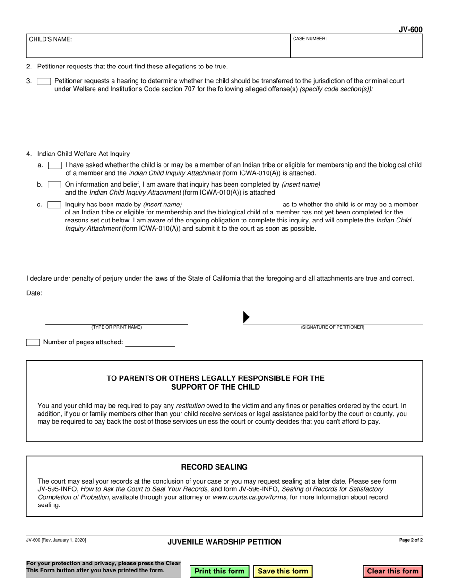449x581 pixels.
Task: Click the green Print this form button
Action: (x=219, y=571)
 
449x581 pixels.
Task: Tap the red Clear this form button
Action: (x=393, y=571)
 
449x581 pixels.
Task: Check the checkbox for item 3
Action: (x=44, y=81)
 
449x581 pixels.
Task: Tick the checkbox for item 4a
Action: (x=55, y=165)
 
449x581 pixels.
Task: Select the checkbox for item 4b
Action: (x=55, y=185)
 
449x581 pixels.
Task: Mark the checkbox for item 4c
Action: (x=55, y=205)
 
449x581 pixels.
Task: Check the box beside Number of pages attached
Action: (x=33, y=342)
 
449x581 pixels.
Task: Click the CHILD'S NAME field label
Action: (x=51, y=40)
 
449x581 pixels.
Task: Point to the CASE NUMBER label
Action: (x=310, y=39)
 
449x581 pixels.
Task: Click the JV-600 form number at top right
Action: (x=410, y=30)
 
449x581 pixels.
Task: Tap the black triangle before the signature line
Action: (x=246, y=317)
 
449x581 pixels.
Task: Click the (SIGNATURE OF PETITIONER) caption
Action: (x=333, y=327)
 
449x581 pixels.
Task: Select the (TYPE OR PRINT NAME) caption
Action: (x=117, y=327)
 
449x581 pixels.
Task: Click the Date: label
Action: (x=35, y=293)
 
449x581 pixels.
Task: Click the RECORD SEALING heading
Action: (x=214, y=467)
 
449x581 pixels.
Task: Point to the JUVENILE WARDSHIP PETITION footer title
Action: (x=224, y=542)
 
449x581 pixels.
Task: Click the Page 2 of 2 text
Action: (x=411, y=540)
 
